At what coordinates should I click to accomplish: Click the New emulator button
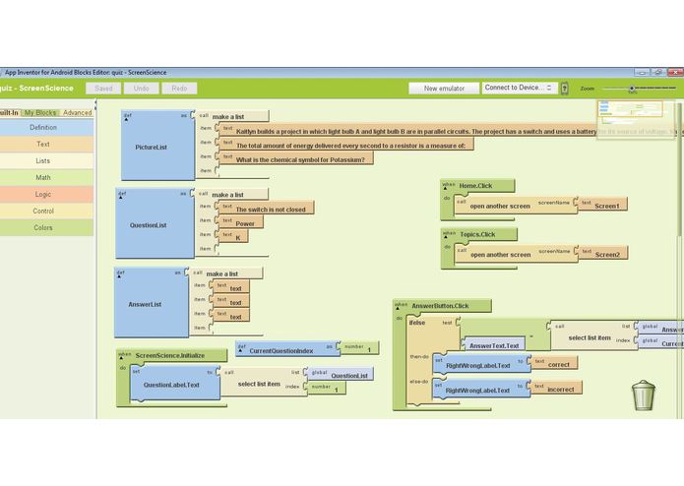coord(444,89)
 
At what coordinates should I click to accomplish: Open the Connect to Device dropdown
coord(519,89)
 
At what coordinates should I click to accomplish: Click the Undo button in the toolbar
coord(142,89)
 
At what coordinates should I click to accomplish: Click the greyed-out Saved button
coord(103,89)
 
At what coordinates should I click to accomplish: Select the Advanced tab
coord(77,113)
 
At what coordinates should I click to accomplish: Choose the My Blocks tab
coord(40,113)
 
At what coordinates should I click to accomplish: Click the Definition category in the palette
coord(43,128)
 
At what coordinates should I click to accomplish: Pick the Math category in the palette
coord(43,178)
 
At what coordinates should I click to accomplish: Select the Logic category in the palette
coord(43,195)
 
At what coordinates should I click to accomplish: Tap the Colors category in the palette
coord(43,228)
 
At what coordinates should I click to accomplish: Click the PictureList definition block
coord(152,148)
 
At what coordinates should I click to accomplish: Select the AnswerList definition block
coord(145,304)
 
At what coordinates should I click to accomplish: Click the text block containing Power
coord(245,223)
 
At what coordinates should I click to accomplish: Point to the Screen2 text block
coord(607,254)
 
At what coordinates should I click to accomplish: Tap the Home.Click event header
coord(474,185)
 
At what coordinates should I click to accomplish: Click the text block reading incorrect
coord(560,390)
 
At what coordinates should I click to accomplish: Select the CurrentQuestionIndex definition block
coord(281,350)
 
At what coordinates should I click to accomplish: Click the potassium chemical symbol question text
coord(300,159)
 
